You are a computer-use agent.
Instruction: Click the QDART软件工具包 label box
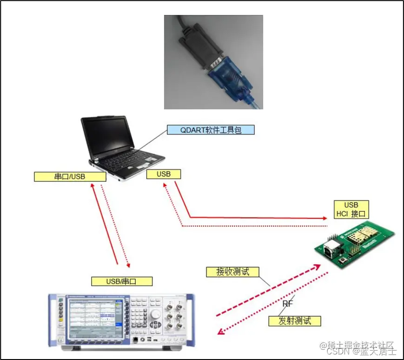[x=211, y=130]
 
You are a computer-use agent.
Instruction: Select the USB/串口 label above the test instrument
[x=122, y=281]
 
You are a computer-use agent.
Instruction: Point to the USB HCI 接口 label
[x=351, y=210]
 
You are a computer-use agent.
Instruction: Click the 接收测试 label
[x=232, y=272]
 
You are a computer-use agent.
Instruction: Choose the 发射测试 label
[x=294, y=320]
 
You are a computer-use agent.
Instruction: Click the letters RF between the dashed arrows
[x=288, y=304]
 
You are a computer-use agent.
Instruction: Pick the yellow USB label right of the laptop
[x=163, y=174]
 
